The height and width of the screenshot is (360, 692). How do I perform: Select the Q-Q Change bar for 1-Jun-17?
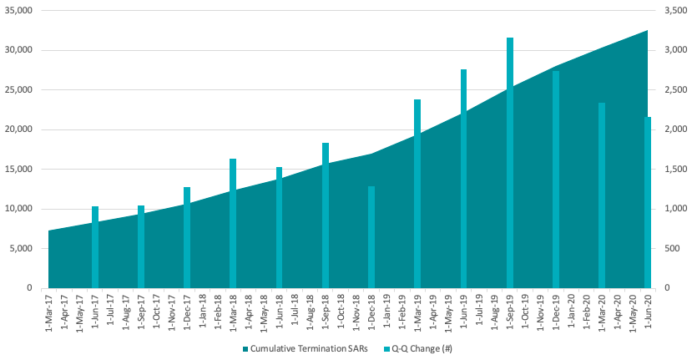click(x=95, y=247)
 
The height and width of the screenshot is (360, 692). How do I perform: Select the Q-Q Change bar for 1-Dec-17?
click(x=187, y=237)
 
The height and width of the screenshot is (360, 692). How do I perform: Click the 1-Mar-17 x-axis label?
click(x=49, y=311)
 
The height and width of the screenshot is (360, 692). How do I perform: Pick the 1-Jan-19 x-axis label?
click(x=386, y=311)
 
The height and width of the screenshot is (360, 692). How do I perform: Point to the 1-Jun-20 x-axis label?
click(x=648, y=311)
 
